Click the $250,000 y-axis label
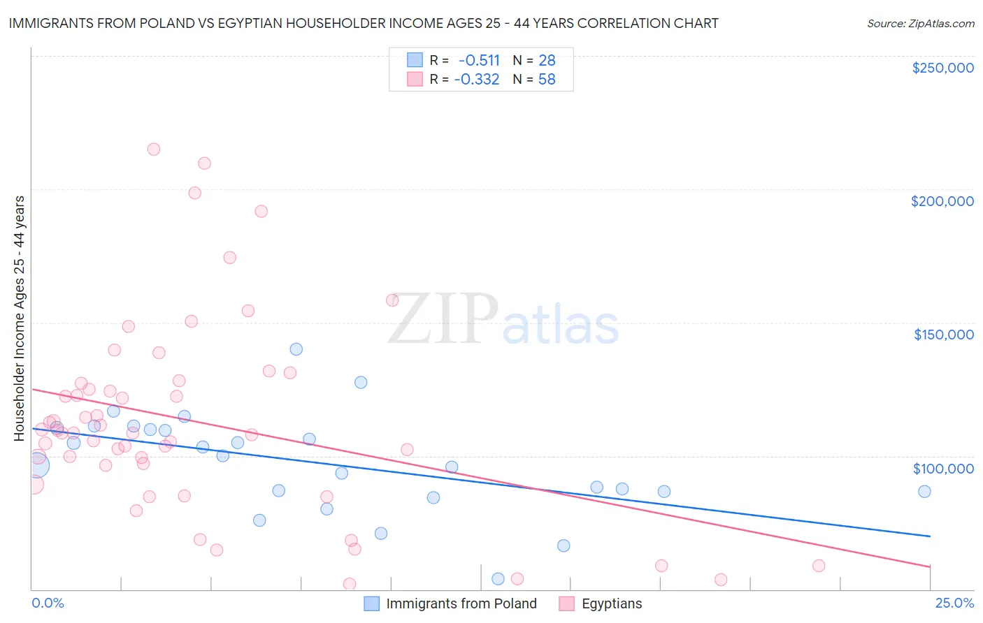click(942, 68)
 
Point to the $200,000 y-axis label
click(942, 201)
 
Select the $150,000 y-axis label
click(943, 335)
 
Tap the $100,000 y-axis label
click(943, 469)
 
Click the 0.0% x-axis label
click(48, 603)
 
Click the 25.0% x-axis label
click(954, 603)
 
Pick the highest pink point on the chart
click(154, 149)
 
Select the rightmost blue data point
click(924, 492)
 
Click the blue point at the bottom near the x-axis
click(498, 578)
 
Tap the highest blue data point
click(296, 349)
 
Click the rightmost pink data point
click(819, 566)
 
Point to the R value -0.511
click(479, 60)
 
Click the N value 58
click(547, 80)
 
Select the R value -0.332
click(477, 80)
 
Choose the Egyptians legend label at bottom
click(612, 603)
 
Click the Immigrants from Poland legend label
click(461, 603)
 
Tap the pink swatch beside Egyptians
click(566, 603)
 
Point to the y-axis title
click(20, 318)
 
